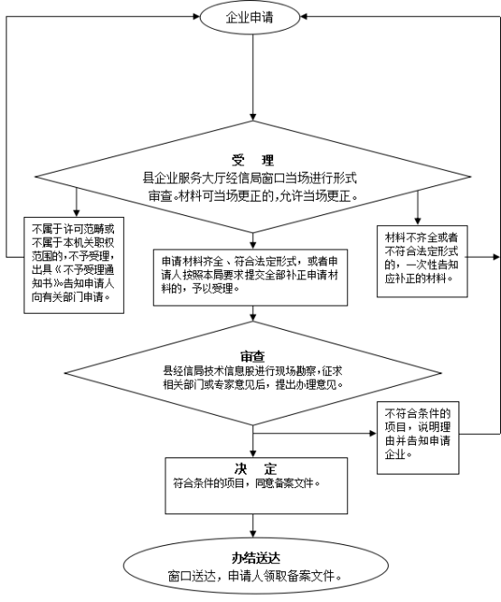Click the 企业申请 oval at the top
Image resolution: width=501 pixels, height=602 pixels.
click(250, 17)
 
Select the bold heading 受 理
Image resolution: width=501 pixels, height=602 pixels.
click(253, 160)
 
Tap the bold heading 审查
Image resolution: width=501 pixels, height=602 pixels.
click(253, 357)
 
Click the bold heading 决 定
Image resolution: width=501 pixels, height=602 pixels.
click(256, 469)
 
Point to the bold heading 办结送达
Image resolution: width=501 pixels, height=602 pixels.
click(256, 559)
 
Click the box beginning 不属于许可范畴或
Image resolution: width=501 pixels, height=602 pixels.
click(74, 265)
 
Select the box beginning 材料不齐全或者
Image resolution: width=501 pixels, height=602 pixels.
click(422, 261)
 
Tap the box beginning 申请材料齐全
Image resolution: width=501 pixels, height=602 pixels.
click(250, 277)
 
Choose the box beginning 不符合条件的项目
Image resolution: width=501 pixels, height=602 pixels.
click(418, 437)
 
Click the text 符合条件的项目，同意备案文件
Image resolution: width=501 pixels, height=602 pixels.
click(247, 484)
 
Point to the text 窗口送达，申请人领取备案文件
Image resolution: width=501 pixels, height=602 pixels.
click(255, 576)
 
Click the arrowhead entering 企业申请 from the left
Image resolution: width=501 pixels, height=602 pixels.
click(196, 16)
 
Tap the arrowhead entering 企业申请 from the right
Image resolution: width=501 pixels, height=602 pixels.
click(304, 16)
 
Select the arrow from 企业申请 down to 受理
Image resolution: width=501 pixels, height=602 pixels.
click(253, 78)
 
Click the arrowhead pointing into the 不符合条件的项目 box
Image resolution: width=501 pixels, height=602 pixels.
click(373, 434)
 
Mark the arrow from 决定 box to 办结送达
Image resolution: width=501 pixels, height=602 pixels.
click(253, 525)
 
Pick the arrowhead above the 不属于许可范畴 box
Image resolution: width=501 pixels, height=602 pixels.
click(77, 213)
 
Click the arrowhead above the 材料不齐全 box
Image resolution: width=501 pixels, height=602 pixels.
click(418, 221)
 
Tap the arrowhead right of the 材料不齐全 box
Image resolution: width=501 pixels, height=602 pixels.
click(496, 257)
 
